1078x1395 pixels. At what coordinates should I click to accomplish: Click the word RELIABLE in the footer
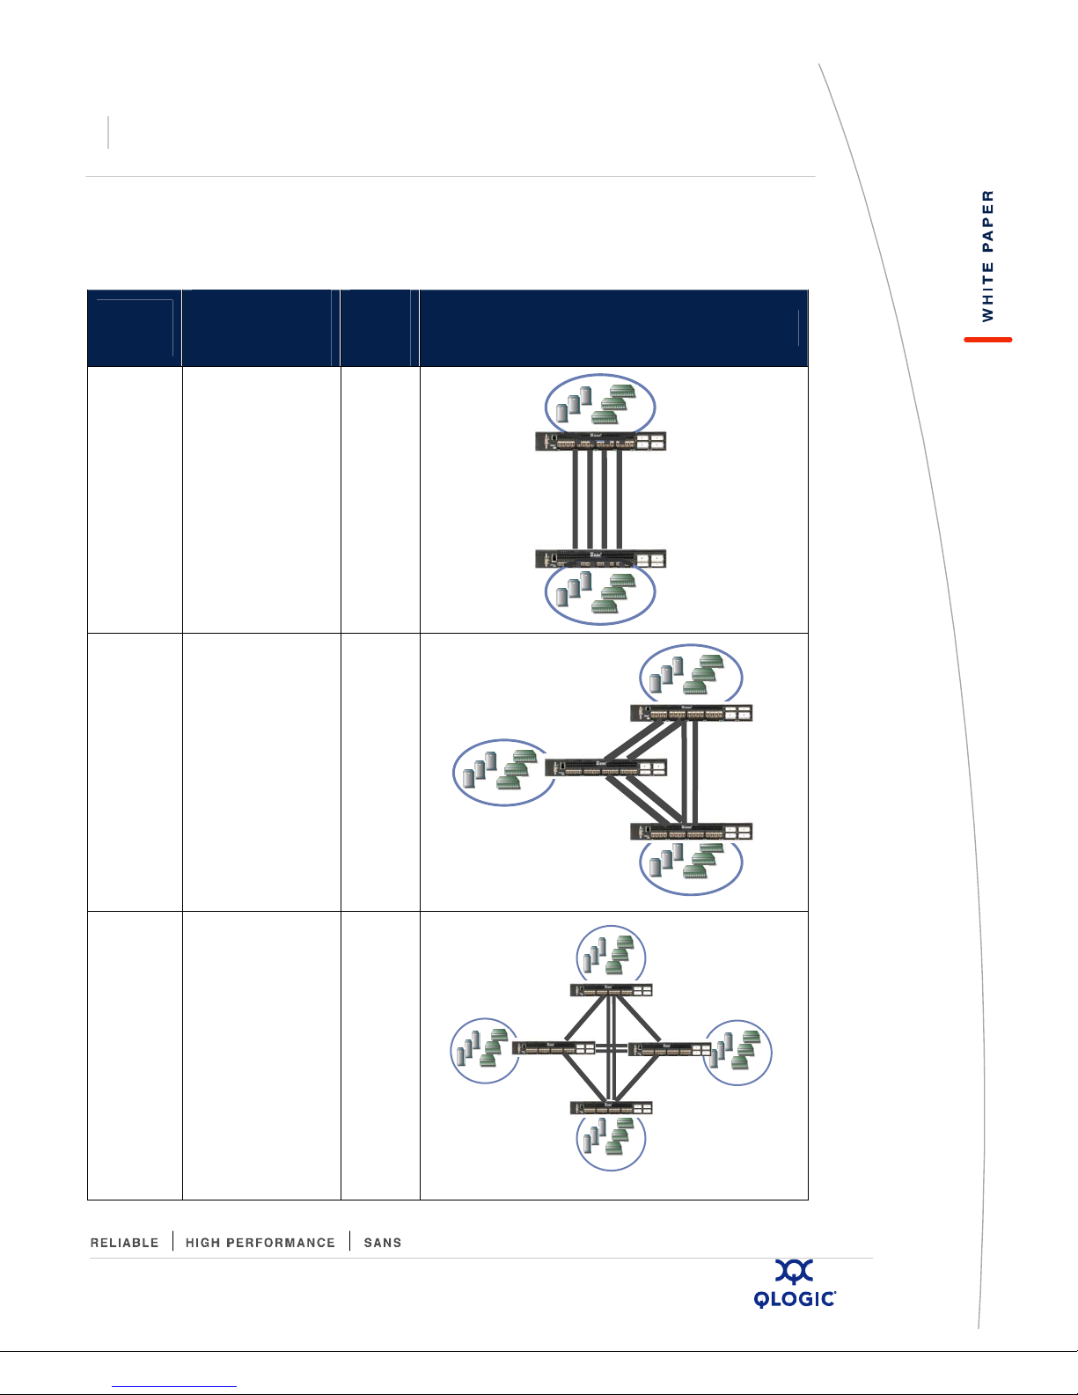point(124,1243)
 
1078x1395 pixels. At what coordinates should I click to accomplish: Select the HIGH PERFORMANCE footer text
point(260,1243)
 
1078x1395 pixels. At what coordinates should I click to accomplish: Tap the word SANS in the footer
point(383,1243)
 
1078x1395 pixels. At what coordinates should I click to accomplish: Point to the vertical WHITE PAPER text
point(987,255)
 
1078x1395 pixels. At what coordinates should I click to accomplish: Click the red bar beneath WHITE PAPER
point(987,340)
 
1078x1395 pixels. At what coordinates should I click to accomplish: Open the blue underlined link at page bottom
point(174,1386)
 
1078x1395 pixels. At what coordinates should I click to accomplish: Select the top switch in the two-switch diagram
point(600,441)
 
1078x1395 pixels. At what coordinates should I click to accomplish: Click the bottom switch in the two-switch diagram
point(600,559)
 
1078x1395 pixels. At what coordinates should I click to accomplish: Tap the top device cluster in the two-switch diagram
point(600,405)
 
